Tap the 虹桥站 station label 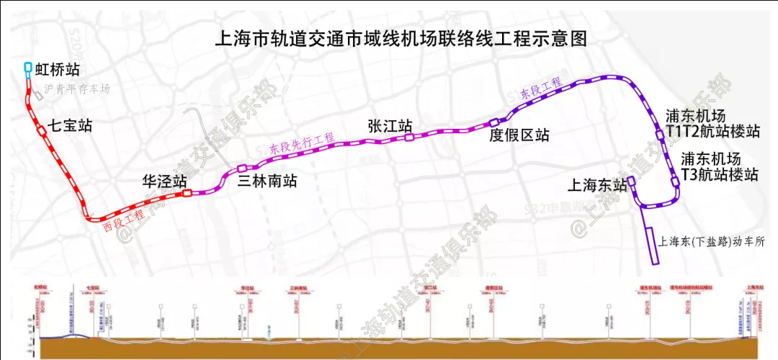(57, 70)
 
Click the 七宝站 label (70, 126)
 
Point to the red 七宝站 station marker (40, 130)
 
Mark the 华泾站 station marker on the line (187, 193)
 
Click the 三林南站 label (267, 181)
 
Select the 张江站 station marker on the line (408, 137)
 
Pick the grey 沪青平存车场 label (77, 89)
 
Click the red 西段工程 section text (124, 219)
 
